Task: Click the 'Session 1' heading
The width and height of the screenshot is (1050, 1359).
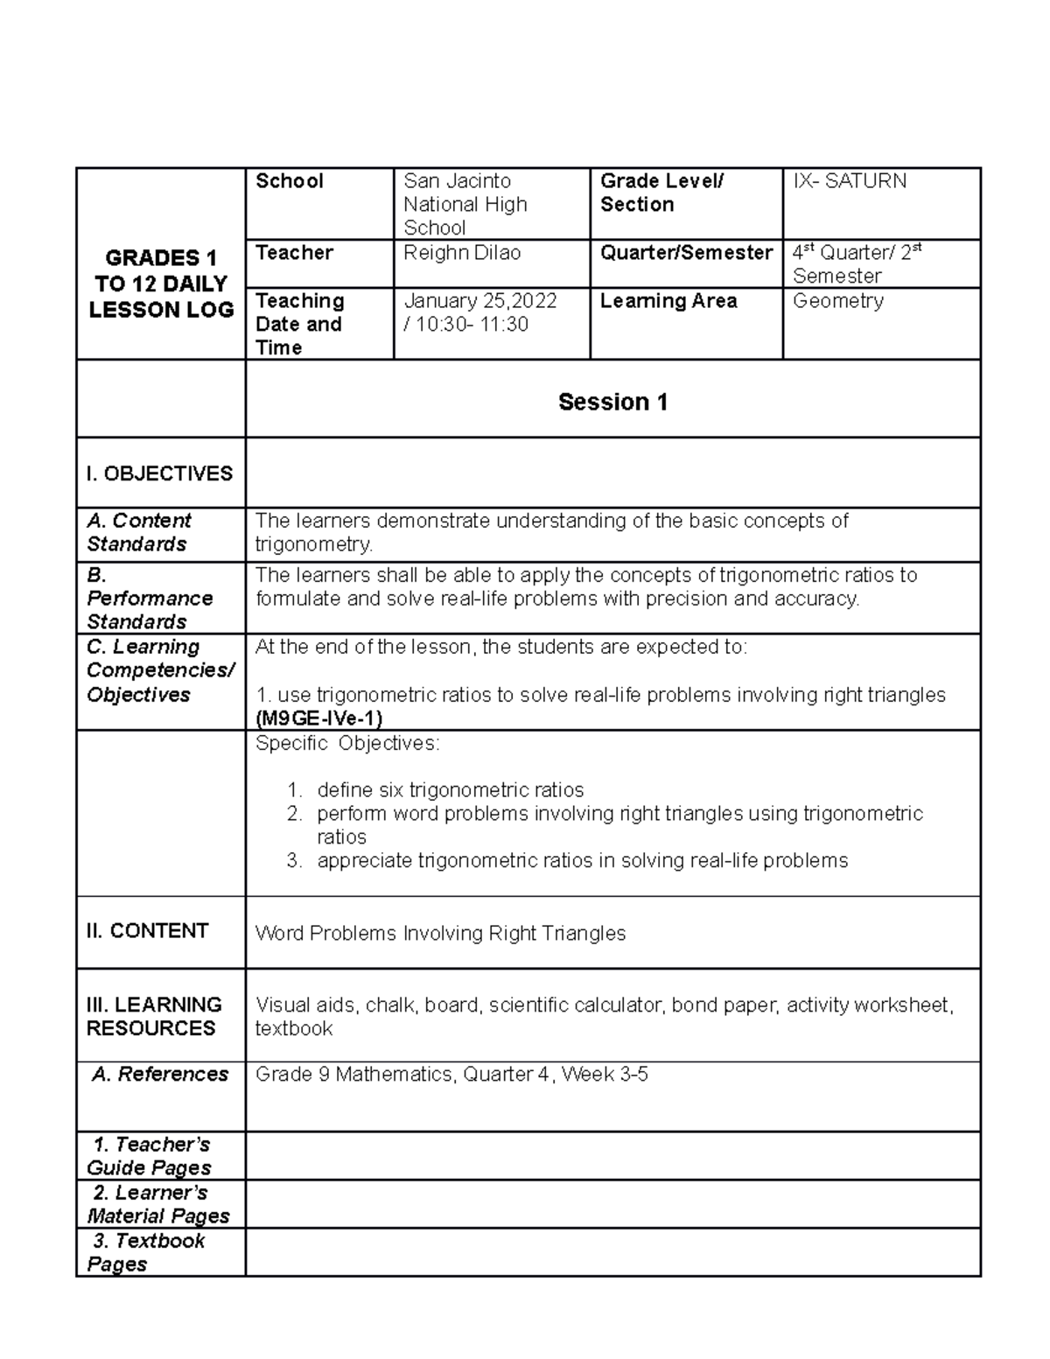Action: (x=612, y=402)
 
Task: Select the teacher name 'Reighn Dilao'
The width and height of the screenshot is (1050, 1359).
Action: (x=461, y=253)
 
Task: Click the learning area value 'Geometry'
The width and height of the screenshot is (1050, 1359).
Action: (x=837, y=301)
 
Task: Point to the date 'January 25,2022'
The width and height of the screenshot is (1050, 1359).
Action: (x=479, y=301)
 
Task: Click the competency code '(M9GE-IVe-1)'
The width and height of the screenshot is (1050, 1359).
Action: (x=318, y=718)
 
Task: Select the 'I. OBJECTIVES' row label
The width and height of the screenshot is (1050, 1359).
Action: (x=159, y=473)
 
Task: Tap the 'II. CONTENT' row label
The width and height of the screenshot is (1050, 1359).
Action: (x=147, y=931)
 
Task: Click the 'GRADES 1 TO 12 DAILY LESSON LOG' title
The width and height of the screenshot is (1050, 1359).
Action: (x=161, y=284)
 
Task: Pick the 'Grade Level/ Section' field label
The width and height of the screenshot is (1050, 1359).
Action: (x=661, y=193)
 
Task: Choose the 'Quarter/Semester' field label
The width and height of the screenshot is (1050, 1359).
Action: (x=686, y=253)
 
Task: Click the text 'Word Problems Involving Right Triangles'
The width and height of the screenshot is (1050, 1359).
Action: (x=440, y=934)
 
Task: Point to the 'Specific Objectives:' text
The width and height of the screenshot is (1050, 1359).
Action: (x=347, y=743)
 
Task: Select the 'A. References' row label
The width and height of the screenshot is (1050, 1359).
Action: (x=160, y=1074)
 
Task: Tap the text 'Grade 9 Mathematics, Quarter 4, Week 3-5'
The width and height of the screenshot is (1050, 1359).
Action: (x=451, y=1074)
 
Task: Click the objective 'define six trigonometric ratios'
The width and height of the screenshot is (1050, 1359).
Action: (x=450, y=790)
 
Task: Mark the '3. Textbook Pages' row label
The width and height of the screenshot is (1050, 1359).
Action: (x=147, y=1252)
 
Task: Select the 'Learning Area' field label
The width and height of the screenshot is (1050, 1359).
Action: (x=668, y=301)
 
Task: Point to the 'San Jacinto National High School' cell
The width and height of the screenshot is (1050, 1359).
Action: (x=465, y=204)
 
